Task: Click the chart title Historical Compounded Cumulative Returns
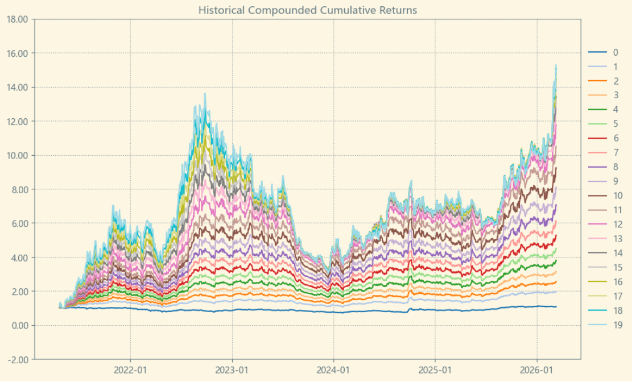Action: (x=307, y=10)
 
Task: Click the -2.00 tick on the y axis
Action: (x=16, y=359)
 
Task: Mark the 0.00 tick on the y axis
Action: (x=18, y=325)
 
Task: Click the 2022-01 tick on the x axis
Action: (x=130, y=369)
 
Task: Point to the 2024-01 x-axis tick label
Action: (x=334, y=369)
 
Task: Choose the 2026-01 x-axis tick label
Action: (x=538, y=369)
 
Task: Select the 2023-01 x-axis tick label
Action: (x=232, y=369)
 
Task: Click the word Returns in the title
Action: (x=399, y=10)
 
